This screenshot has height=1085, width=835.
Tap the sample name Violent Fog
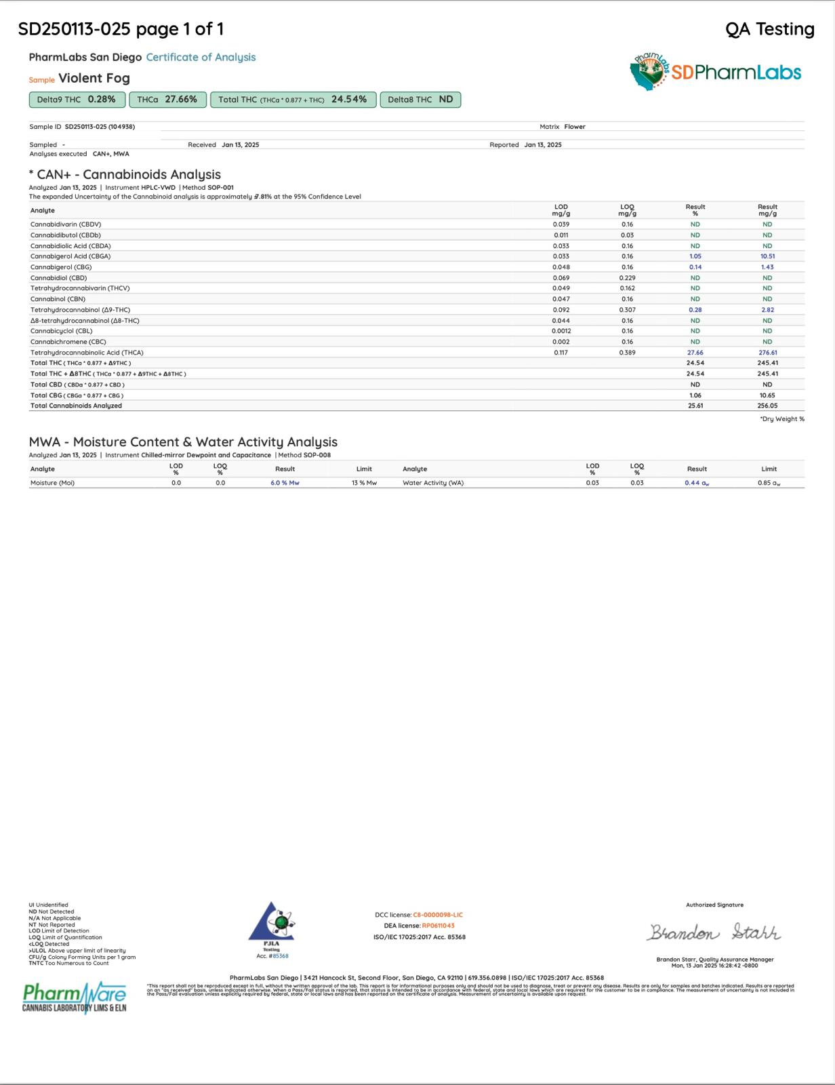[94, 79]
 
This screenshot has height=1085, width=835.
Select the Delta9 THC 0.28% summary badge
[77, 100]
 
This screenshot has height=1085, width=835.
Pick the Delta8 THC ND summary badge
[420, 100]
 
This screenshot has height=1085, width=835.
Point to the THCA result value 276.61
[767, 353]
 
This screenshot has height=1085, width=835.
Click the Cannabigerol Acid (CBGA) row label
[70, 256]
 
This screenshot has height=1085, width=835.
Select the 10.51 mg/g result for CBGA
[767, 256]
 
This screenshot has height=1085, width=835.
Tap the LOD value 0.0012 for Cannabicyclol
[561, 331]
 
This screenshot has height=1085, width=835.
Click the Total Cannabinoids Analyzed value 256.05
[767, 406]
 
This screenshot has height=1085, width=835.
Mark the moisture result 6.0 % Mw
[285, 483]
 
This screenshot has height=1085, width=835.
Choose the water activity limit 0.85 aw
[769, 483]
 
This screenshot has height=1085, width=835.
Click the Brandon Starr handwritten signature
[714, 933]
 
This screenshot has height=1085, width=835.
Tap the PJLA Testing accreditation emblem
[272, 924]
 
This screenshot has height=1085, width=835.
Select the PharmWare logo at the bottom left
[75, 997]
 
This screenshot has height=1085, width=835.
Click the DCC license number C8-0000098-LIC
[438, 915]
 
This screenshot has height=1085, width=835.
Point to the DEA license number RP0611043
[438, 926]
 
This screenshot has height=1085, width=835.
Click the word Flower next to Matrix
[575, 127]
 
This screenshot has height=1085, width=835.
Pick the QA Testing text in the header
[769, 29]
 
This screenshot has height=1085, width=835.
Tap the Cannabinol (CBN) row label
[58, 299]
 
